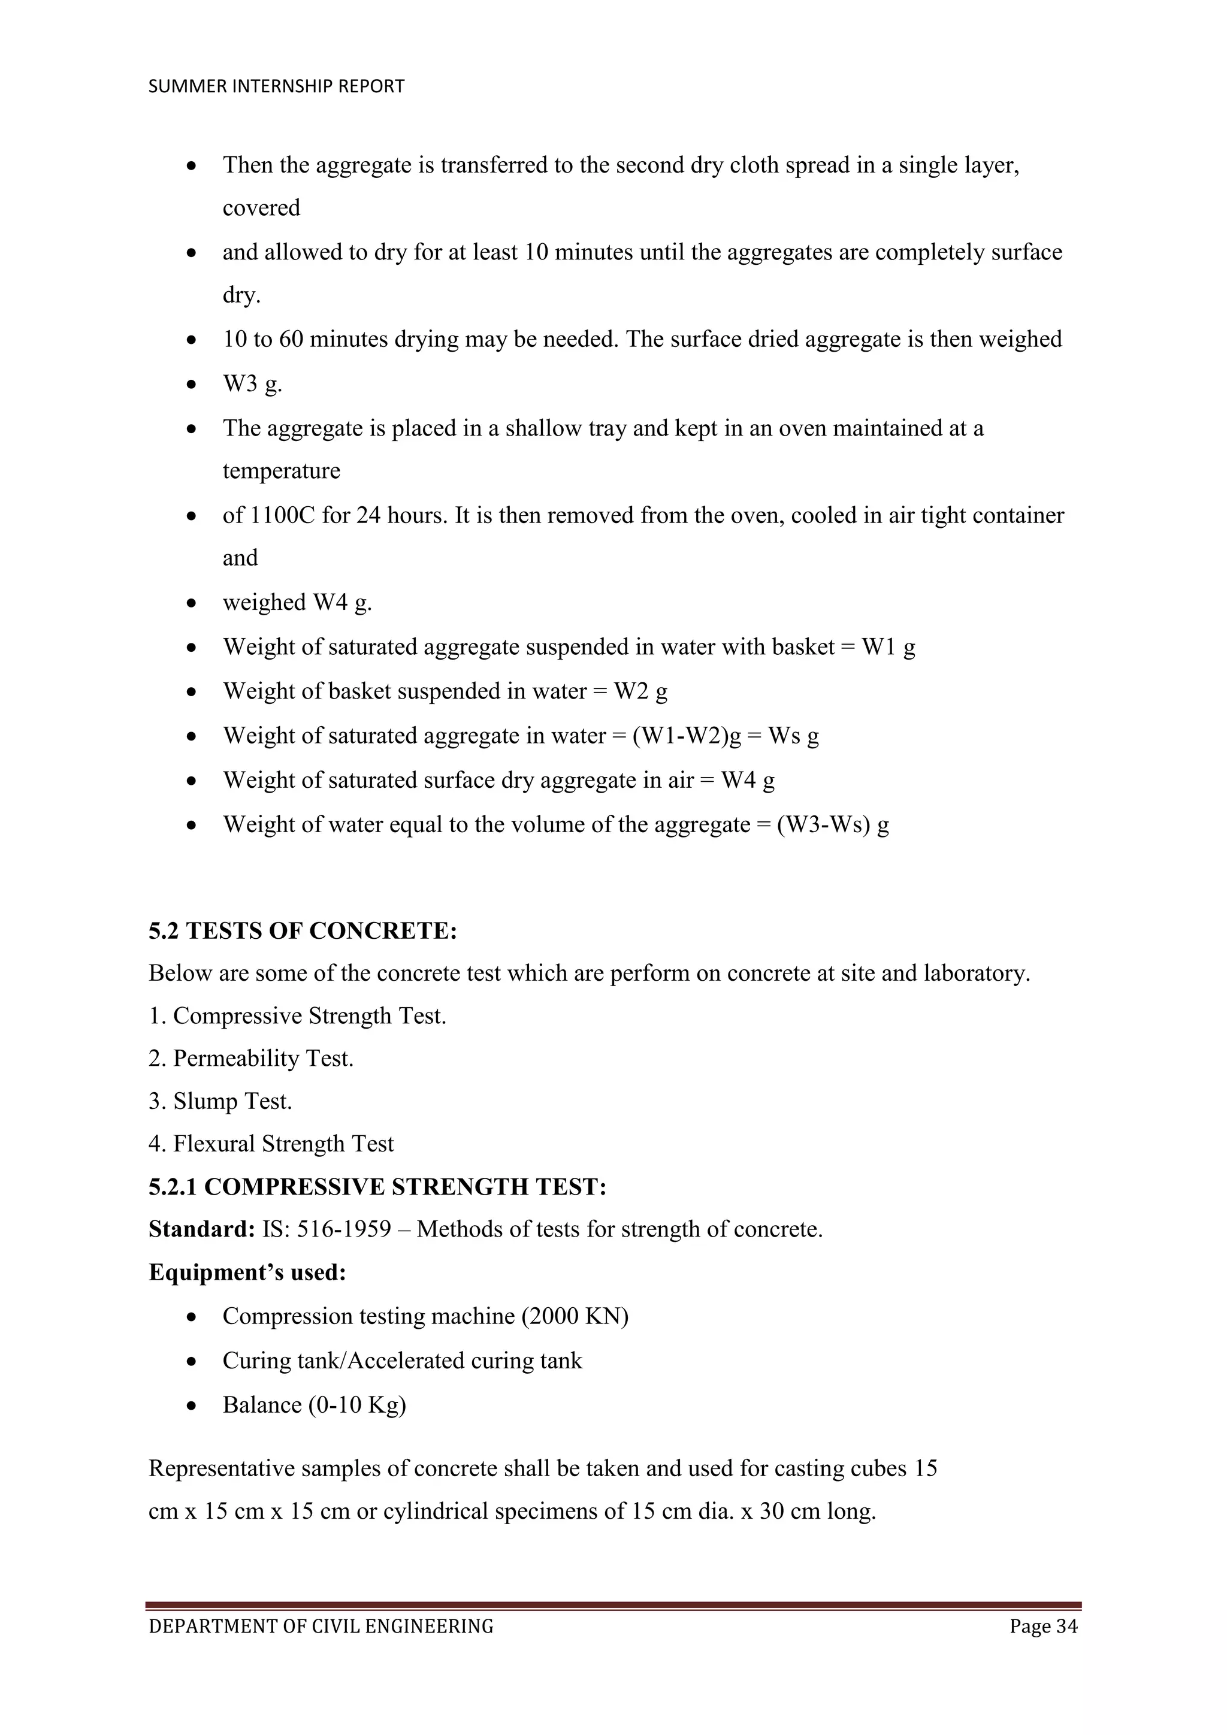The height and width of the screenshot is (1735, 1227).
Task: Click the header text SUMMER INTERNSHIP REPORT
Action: [x=277, y=87]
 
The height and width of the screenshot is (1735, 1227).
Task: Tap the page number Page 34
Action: [x=1044, y=1626]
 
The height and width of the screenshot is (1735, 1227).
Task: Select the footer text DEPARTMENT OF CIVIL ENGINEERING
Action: [x=321, y=1626]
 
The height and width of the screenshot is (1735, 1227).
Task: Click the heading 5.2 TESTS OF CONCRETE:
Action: [x=303, y=931]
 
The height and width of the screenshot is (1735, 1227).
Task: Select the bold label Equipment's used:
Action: [x=247, y=1272]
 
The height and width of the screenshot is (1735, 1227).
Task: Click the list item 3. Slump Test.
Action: [x=220, y=1102]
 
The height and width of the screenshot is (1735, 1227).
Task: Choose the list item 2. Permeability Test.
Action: [x=251, y=1059]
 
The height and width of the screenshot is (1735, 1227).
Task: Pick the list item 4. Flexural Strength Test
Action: [x=271, y=1144]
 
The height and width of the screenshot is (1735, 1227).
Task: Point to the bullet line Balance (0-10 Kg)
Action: [x=315, y=1405]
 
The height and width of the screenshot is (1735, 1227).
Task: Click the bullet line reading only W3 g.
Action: [x=252, y=384]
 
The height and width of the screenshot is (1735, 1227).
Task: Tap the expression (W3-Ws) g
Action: [x=833, y=824]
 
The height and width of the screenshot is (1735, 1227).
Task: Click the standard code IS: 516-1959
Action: [x=327, y=1229]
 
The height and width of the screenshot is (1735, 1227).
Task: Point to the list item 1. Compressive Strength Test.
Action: [x=297, y=1016]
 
